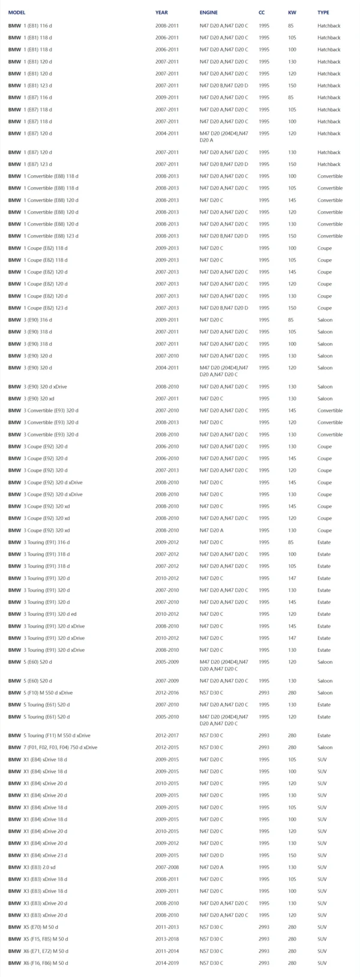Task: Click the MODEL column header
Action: (x=17, y=12)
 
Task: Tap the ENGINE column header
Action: (x=209, y=12)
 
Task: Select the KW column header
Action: (x=292, y=12)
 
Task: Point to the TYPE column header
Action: (x=323, y=12)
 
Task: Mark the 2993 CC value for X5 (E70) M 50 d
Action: (x=264, y=927)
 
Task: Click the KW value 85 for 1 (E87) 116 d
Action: (x=290, y=97)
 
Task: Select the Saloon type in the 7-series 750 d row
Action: (x=325, y=747)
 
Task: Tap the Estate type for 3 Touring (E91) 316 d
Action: (x=324, y=542)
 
